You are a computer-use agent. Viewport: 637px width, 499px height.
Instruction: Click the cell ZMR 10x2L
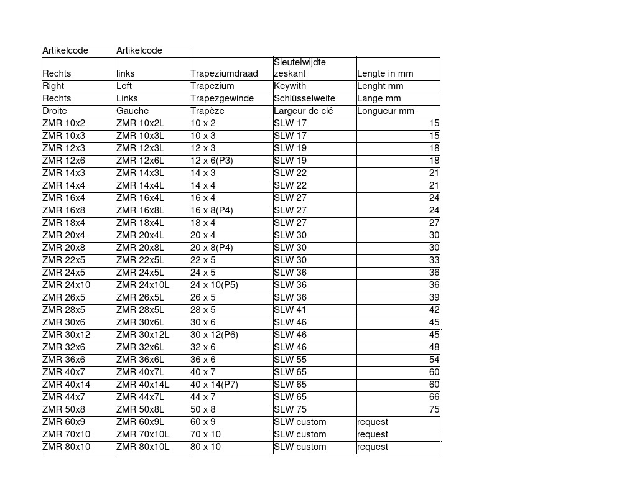click(x=141, y=123)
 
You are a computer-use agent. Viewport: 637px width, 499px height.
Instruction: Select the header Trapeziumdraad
click(x=224, y=73)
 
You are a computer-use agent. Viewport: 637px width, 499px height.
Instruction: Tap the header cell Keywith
click(x=290, y=86)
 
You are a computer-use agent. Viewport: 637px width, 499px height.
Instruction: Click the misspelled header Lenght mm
click(x=380, y=86)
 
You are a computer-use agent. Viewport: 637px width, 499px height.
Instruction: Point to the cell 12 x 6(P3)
click(x=212, y=161)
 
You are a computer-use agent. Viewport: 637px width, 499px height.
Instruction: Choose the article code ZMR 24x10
click(x=67, y=285)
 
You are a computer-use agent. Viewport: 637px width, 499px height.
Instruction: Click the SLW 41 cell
click(x=290, y=310)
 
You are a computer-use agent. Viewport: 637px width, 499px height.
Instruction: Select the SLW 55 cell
click(x=290, y=360)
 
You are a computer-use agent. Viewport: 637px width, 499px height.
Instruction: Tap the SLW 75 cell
click(x=290, y=409)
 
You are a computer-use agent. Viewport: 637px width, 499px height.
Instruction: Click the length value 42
click(x=434, y=310)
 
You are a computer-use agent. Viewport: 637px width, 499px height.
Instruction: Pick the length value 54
click(x=434, y=360)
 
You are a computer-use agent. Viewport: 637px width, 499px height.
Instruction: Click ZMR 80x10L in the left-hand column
click(x=143, y=447)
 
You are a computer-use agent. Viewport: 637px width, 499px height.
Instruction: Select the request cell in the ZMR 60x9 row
click(x=373, y=422)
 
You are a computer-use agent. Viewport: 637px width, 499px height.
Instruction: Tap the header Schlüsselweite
click(x=304, y=98)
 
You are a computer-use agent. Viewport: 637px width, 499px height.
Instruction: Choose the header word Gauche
click(x=133, y=111)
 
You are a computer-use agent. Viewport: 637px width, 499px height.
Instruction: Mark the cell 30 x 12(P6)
click(x=214, y=335)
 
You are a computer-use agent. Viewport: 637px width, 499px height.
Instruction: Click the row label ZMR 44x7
click(x=64, y=397)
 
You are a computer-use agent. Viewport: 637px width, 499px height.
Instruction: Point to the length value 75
click(x=434, y=409)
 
